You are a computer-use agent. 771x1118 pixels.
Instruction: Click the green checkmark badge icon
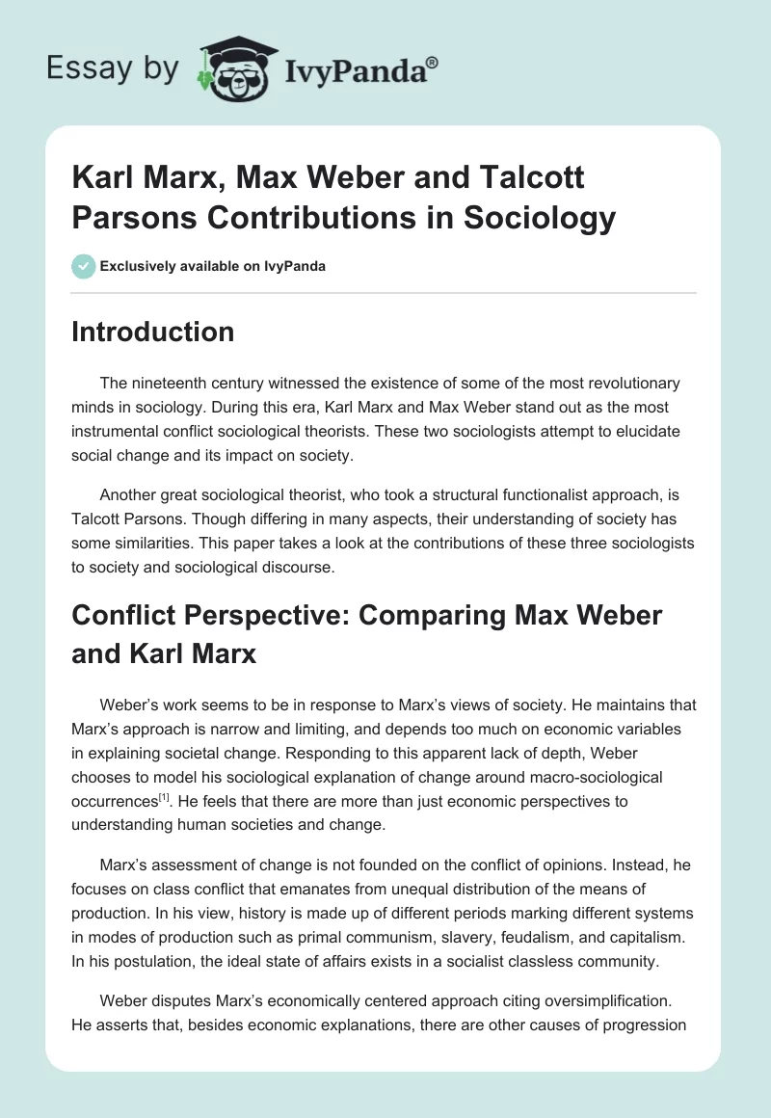tap(83, 266)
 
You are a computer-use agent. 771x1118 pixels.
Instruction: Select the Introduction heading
tap(152, 332)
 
